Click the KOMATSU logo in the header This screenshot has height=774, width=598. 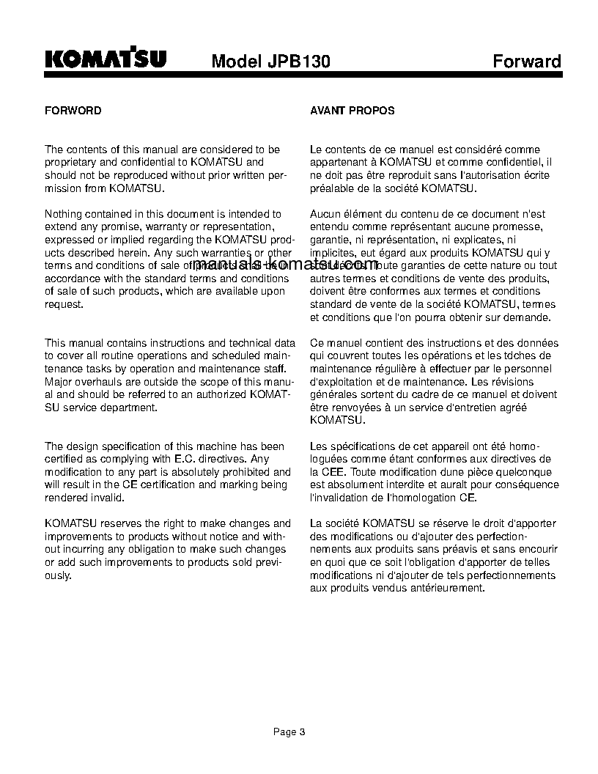pos(106,60)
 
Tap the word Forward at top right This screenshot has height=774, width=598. pos(526,61)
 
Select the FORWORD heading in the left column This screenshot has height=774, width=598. pos(73,111)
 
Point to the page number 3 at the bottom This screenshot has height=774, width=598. pos(302,731)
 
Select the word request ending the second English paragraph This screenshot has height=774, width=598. pos(64,304)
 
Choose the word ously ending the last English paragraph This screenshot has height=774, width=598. pos(58,575)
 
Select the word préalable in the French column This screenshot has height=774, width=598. pos(333,188)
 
